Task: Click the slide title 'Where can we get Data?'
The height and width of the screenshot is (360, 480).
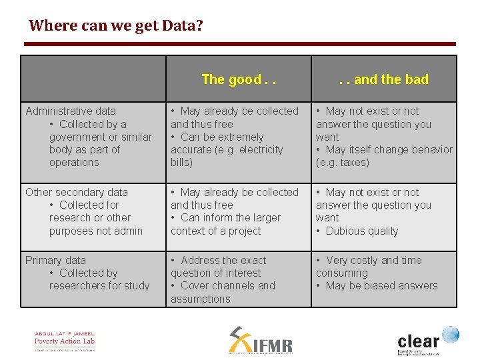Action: (x=116, y=26)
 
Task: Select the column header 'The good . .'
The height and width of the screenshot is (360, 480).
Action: (x=238, y=79)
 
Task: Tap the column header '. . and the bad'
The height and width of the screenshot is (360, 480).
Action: (x=383, y=79)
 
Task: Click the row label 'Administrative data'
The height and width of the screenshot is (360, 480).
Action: (x=71, y=111)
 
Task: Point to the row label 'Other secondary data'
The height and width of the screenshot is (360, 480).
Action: (x=77, y=192)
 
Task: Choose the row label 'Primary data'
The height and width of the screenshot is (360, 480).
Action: (x=55, y=260)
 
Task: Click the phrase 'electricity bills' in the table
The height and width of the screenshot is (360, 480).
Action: (x=227, y=156)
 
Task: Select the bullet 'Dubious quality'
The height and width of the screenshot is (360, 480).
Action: (x=361, y=231)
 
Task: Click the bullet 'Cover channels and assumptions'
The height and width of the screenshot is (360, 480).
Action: (x=223, y=292)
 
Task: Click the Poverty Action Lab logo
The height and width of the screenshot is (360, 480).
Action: (x=65, y=340)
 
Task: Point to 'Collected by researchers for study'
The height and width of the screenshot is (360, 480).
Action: (x=99, y=279)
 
